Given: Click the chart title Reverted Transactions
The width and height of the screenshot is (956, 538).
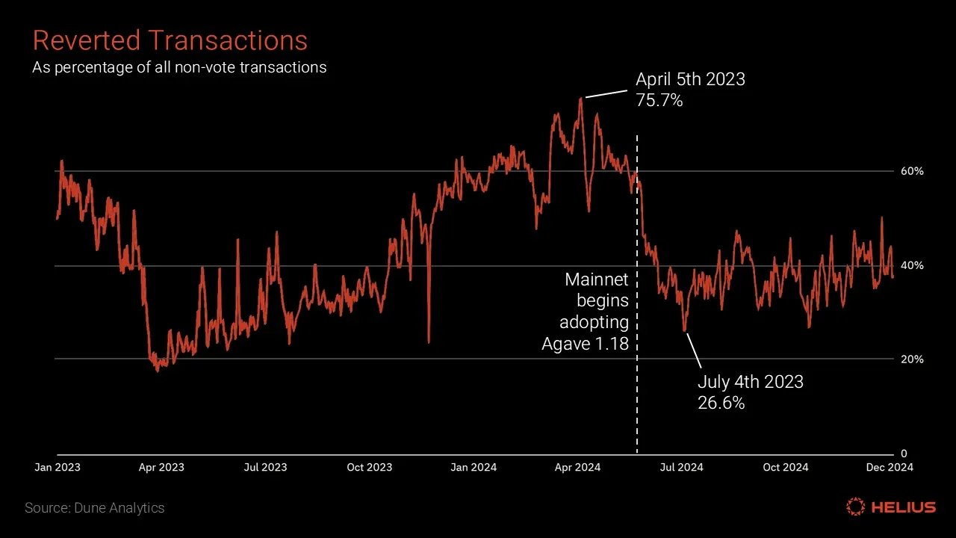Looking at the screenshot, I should pos(170,40).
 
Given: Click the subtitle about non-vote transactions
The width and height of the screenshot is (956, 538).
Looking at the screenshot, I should pos(179,67).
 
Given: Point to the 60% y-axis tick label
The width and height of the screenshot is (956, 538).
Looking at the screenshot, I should pos(911,171).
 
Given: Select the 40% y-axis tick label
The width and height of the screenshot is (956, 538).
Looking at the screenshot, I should pos(911,265).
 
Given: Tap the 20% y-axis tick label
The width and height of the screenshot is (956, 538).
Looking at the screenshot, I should pos(911,359).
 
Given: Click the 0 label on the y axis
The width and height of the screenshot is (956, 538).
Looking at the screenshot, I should pos(904,454).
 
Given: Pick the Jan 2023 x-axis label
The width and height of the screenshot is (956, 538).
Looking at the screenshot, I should pos(58,467).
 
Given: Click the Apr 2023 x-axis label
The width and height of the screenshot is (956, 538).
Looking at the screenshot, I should pos(161,467).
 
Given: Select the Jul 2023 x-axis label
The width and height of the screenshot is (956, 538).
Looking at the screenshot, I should pos(265,467).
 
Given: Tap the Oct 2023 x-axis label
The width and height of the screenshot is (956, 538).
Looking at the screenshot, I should pos(370,467).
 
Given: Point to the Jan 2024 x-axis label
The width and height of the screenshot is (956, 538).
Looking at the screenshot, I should pos(474,467).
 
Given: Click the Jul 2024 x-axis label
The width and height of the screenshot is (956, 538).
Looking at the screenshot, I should pos(681,467).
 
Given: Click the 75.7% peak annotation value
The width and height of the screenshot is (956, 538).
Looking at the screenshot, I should pos(659,100).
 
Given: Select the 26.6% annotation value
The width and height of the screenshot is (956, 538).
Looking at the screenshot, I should pos(721,403).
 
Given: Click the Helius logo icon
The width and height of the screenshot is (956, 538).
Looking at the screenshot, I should pos(855,507).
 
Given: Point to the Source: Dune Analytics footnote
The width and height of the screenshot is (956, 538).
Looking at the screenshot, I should pos(95,508).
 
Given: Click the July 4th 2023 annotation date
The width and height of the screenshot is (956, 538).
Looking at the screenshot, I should pos(750,382).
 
